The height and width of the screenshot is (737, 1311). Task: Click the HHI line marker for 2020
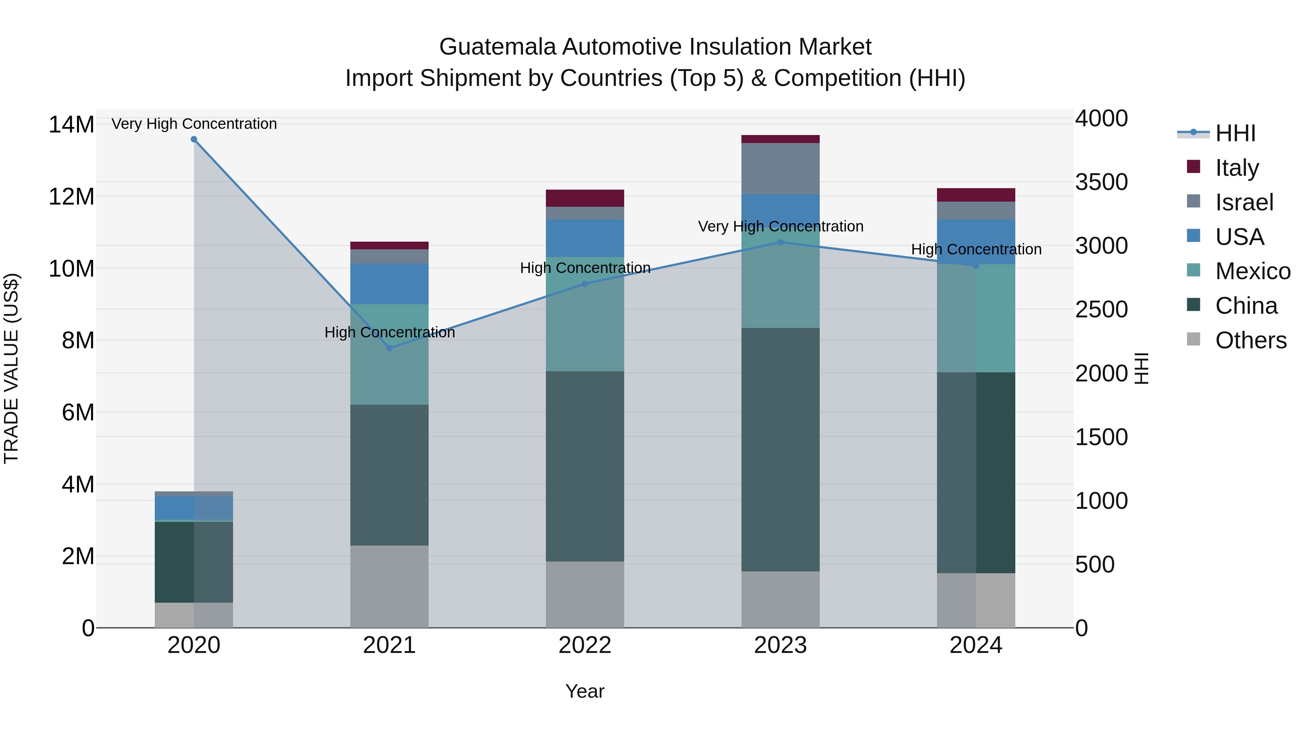coord(194,139)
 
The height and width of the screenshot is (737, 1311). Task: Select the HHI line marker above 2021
coord(389,348)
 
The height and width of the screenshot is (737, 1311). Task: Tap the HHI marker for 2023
coord(780,243)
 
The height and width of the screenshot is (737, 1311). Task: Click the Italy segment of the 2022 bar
coord(585,198)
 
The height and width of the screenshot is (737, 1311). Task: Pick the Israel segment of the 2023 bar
coord(780,169)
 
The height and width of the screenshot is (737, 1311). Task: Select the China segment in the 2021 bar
coord(389,475)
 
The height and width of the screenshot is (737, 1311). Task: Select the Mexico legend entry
coord(1252,271)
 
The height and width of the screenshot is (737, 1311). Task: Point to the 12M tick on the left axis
coord(71,196)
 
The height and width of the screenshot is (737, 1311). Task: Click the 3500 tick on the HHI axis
coord(1101,182)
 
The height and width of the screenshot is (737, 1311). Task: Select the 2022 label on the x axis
coord(585,645)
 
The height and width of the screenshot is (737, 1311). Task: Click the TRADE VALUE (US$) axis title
coord(11,368)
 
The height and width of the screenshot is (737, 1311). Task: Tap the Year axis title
coord(585,691)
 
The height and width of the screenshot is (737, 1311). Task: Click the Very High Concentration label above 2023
coord(780,226)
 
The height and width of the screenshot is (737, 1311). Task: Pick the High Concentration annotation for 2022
coord(585,268)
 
